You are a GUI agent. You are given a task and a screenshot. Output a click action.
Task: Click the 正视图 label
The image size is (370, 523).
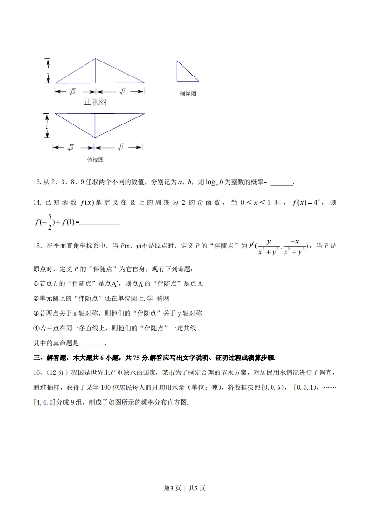point(95,102)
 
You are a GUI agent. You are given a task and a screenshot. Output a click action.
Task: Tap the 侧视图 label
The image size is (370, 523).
point(188,94)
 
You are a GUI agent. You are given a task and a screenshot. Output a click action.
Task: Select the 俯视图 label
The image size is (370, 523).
point(95,159)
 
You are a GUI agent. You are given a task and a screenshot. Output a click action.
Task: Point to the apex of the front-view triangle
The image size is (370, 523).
point(96,59)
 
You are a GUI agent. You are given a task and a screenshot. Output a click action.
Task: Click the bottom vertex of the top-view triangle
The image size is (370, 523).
point(95,138)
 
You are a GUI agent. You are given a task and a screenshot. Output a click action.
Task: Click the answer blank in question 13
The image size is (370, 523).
point(282,183)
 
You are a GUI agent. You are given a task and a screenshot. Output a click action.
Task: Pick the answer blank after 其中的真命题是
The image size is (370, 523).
point(94,344)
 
